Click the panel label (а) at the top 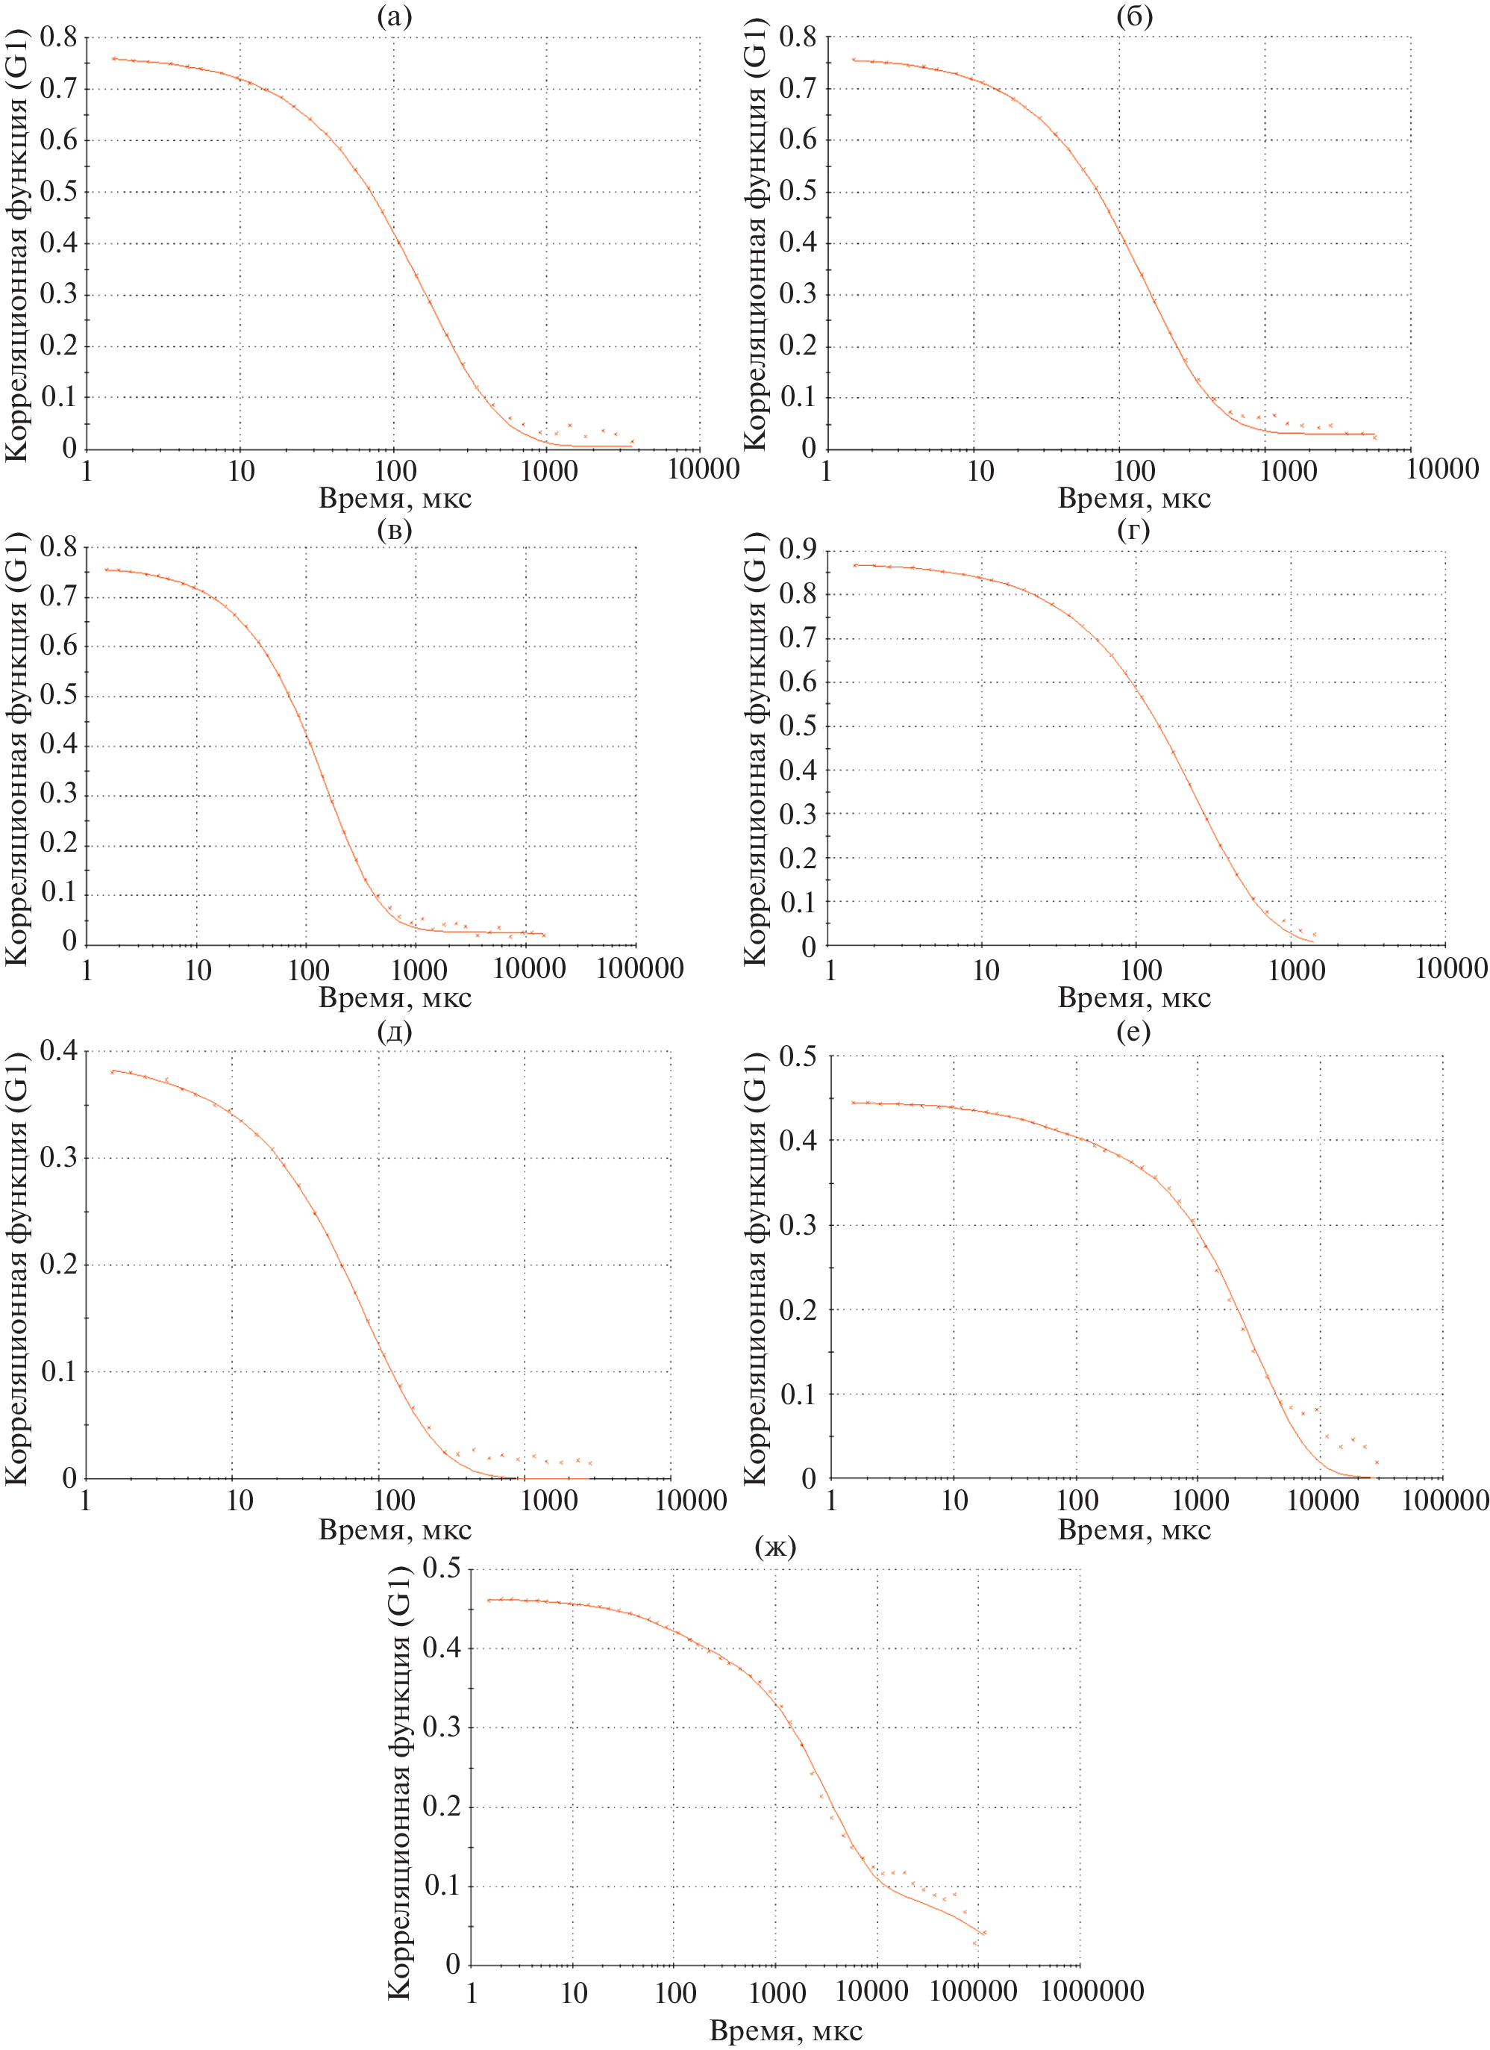pyautogui.click(x=394, y=16)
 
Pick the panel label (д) pyautogui.click(x=394, y=1030)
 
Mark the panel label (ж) pyautogui.click(x=775, y=1547)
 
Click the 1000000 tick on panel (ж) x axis pyautogui.click(x=1092, y=1990)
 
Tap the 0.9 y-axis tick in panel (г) pyautogui.click(x=797, y=549)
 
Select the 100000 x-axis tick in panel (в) pyautogui.click(x=639, y=968)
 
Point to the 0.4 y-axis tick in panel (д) pyautogui.click(x=58, y=1051)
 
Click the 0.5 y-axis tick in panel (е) pyautogui.click(x=797, y=1056)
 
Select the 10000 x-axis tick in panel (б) pyautogui.click(x=1442, y=468)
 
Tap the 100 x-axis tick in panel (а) pyautogui.click(x=395, y=470)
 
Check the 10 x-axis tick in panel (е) pyautogui.click(x=954, y=1501)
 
